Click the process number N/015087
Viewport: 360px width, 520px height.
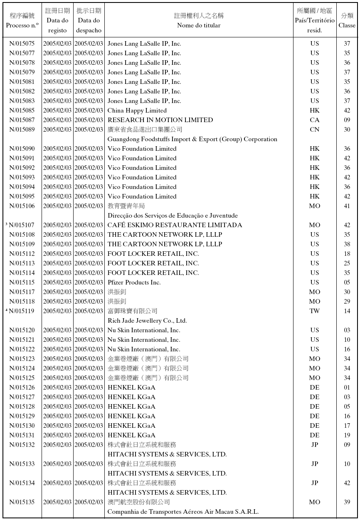pyautogui.click(x=22, y=120)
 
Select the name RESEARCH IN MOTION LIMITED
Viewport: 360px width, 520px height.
pyautogui.click(x=160, y=120)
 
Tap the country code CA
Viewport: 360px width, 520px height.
pyautogui.click(x=315, y=120)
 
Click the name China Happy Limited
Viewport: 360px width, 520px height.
pyautogui.click(x=137, y=110)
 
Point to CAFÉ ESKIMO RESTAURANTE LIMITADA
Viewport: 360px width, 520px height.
pyautogui.click(x=175, y=225)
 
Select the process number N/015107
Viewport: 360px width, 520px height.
pyautogui.click(x=22, y=225)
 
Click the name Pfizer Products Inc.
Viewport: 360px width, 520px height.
pyautogui.click(x=134, y=282)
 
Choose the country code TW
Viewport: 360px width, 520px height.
pyautogui.click(x=315, y=311)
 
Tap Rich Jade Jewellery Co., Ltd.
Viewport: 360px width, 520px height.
pyautogui.click(x=147, y=321)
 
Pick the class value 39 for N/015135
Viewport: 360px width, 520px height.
pyautogui.click(x=347, y=502)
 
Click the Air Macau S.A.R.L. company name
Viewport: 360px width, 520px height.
pyautogui.click(x=183, y=512)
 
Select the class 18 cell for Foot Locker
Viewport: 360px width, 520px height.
pyautogui.click(x=347, y=254)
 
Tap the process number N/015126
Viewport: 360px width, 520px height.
pyautogui.click(x=22, y=388)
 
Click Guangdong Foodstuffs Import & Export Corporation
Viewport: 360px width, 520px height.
pyautogui.click(x=192, y=139)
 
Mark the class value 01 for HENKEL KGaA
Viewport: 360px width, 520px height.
pyautogui.click(x=347, y=388)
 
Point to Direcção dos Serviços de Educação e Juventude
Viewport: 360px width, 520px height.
pyautogui.click(x=173, y=216)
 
